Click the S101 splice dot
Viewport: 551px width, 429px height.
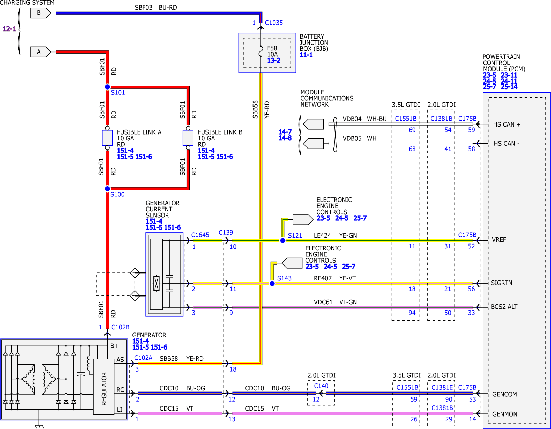[x=107, y=87]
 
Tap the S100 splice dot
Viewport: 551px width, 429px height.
[x=107, y=189]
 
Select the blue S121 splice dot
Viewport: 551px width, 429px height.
[x=283, y=241]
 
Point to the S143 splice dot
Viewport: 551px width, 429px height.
[x=272, y=284]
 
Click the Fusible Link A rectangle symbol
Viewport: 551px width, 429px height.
[x=107, y=138]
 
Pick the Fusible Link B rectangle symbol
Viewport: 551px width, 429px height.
[x=188, y=138]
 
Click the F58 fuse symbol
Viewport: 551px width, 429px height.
[x=261, y=51]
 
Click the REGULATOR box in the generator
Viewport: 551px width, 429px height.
[x=104, y=387]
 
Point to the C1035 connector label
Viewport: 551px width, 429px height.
[x=274, y=23]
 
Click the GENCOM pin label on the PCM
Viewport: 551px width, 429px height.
[x=504, y=394]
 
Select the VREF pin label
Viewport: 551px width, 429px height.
[x=499, y=240]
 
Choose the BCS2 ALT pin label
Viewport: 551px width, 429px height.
[x=504, y=307]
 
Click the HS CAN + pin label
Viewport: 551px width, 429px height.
[x=507, y=124]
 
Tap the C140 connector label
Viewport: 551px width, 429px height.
[x=321, y=386]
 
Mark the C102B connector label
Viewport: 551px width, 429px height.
[x=120, y=327]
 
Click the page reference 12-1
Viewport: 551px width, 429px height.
[x=9, y=29]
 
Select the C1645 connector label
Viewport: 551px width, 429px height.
[x=200, y=235]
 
